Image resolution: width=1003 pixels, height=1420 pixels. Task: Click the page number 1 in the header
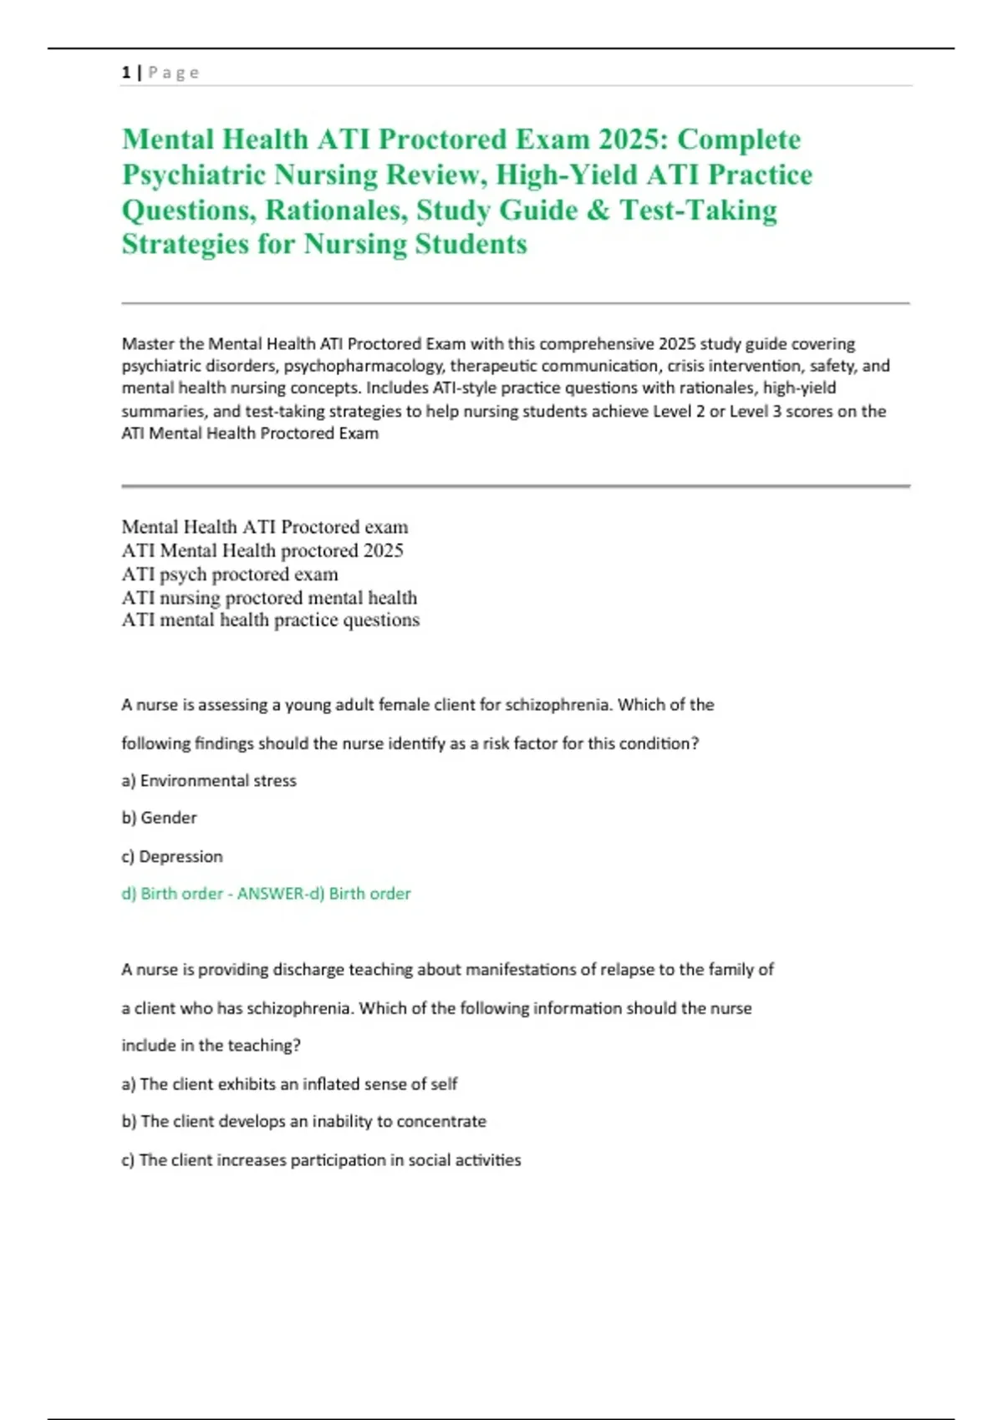126,73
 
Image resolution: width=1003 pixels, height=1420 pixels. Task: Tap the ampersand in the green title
598,210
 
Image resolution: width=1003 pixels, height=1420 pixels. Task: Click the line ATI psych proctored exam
230,575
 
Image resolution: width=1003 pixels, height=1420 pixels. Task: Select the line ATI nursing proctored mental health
269,598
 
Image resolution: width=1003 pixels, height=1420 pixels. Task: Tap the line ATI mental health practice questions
270,620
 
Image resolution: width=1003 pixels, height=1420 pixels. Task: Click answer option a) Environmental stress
209,781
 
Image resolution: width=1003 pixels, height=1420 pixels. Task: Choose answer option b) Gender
160,818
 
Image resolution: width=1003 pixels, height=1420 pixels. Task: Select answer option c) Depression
172,856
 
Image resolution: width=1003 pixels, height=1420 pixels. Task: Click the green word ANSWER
272,894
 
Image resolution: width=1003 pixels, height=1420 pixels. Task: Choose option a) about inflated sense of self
289,1084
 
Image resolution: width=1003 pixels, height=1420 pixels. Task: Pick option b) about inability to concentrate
304,1122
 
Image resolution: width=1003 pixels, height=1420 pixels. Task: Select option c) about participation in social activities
321,1160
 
